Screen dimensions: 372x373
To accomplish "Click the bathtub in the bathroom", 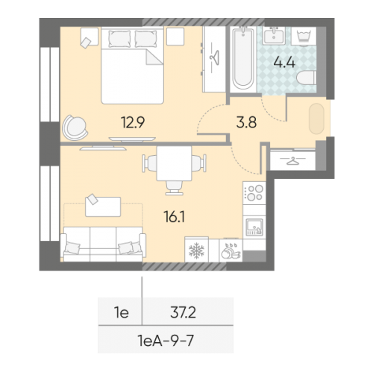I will [242, 58].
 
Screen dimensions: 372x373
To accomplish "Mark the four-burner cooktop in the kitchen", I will [254, 192].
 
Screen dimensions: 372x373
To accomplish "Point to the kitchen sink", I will [254, 225].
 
